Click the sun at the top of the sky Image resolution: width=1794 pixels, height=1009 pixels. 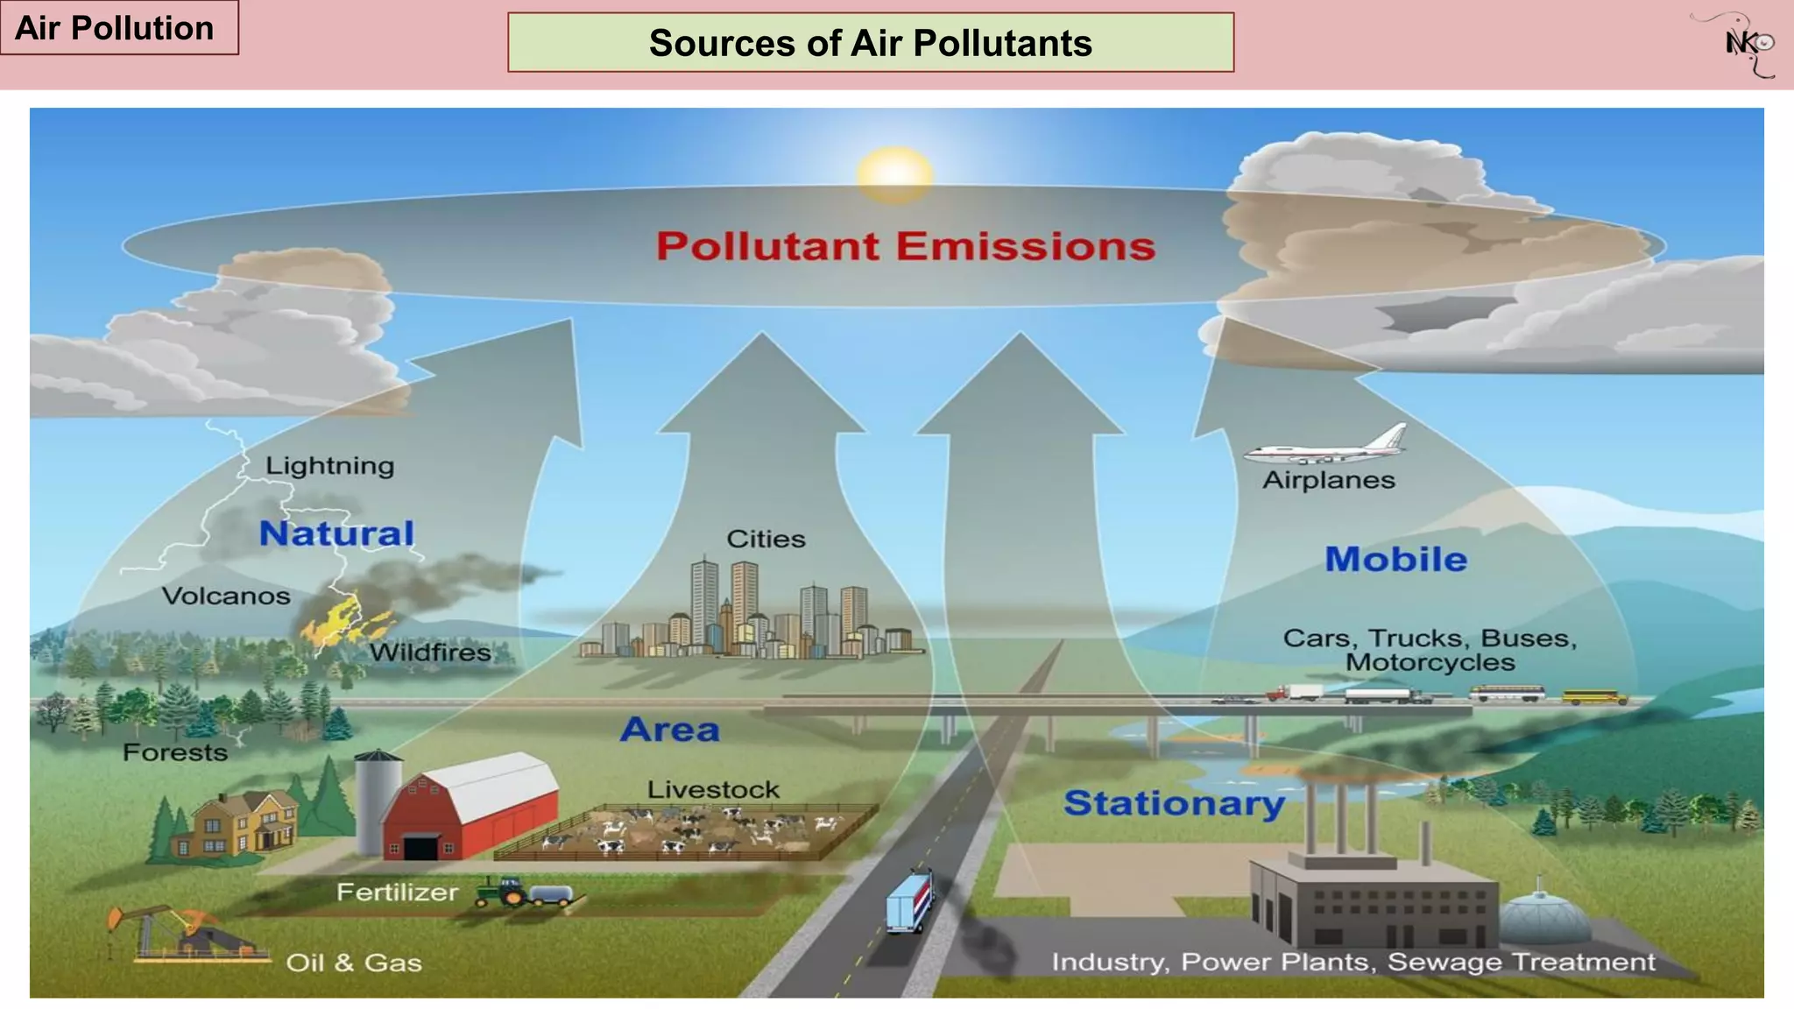pyautogui.click(x=893, y=173)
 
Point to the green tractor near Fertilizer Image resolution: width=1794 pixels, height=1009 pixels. pyautogui.click(x=501, y=893)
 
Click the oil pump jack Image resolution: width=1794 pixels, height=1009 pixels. pyautogui.click(x=184, y=933)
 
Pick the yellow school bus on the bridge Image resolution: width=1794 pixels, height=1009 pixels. pyautogui.click(x=1594, y=697)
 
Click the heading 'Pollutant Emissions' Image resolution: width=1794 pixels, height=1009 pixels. pyautogui.click(x=906, y=246)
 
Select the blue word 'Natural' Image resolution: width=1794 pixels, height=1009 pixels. pyautogui.click(x=336, y=533)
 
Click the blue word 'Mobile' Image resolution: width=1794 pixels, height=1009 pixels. pyautogui.click(x=1395, y=560)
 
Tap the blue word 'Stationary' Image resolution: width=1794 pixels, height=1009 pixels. pyautogui.click(x=1174, y=803)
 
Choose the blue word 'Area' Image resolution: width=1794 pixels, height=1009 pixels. pyautogui.click(x=670, y=730)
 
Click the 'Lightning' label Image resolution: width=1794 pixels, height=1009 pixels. pyautogui.click(x=329, y=466)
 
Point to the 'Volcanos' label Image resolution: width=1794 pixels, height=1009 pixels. pyautogui.click(x=226, y=596)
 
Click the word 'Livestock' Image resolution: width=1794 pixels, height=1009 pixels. pyautogui.click(x=713, y=790)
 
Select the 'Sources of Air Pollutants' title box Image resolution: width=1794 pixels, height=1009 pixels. pyautogui.click(x=871, y=43)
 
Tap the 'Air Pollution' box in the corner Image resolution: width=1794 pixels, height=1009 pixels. pyautogui.click(x=118, y=28)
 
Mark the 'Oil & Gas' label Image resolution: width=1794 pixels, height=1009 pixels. pyautogui.click(x=354, y=963)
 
